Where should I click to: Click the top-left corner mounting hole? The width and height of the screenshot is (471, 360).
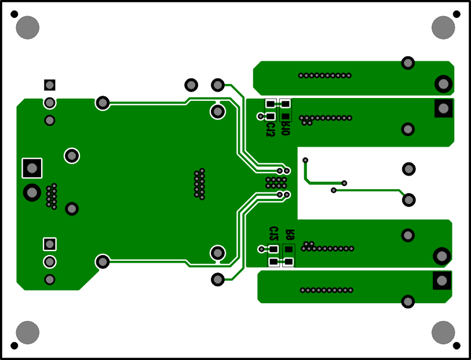[x=27, y=28]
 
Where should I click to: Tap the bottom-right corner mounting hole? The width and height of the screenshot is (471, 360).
[x=443, y=332]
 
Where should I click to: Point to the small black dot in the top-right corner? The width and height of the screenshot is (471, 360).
[x=457, y=14]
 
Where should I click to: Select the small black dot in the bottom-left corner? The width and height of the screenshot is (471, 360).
[x=14, y=346]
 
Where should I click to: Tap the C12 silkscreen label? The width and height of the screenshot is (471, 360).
[x=273, y=234]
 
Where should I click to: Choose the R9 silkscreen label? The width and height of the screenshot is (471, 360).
[x=289, y=235]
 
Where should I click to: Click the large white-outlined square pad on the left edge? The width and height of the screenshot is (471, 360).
[x=32, y=168]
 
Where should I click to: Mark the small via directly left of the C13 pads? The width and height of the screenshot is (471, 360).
[x=260, y=116]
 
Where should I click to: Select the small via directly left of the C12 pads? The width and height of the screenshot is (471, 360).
[x=261, y=249]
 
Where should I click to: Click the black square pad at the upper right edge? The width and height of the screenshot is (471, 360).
[x=443, y=108]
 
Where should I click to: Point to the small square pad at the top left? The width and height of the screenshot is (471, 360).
[x=50, y=85]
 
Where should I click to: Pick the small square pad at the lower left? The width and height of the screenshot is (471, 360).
[x=50, y=243]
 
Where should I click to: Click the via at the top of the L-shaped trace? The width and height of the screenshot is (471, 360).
[x=305, y=160]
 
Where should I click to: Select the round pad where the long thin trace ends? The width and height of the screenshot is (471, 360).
[x=408, y=199]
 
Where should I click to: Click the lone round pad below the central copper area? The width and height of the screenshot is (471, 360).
[x=218, y=279]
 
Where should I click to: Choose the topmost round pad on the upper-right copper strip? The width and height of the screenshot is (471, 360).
[x=408, y=63]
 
